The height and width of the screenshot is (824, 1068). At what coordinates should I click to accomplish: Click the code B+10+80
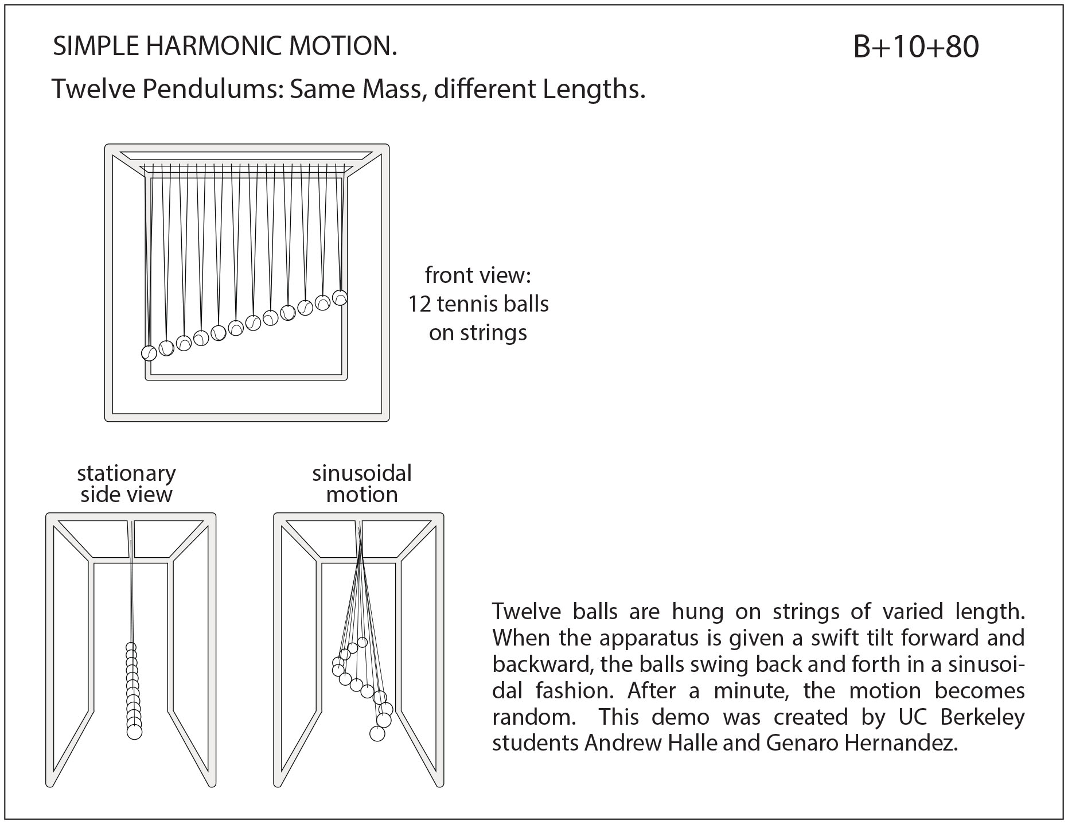coord(915,47)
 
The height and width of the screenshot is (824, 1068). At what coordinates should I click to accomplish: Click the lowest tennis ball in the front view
coord(149,353)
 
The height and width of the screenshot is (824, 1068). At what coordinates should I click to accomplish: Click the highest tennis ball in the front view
coord(340,298)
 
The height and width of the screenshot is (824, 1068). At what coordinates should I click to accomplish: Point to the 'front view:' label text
coord(478,275)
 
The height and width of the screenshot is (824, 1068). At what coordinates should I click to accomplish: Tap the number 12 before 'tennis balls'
coord(420,304)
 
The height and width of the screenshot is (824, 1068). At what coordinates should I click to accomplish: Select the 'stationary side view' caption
coord(126,484)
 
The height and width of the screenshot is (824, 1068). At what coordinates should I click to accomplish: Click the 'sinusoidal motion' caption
coord(361,484)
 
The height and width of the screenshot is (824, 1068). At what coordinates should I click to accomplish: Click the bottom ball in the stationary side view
coord(134,732)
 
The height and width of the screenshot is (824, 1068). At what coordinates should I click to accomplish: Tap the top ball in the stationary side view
coord(131,648)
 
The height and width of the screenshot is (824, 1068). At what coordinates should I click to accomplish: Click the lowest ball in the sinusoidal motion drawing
coord(377,733)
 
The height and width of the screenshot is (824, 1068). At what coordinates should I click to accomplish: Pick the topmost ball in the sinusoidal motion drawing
coord(362,642)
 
